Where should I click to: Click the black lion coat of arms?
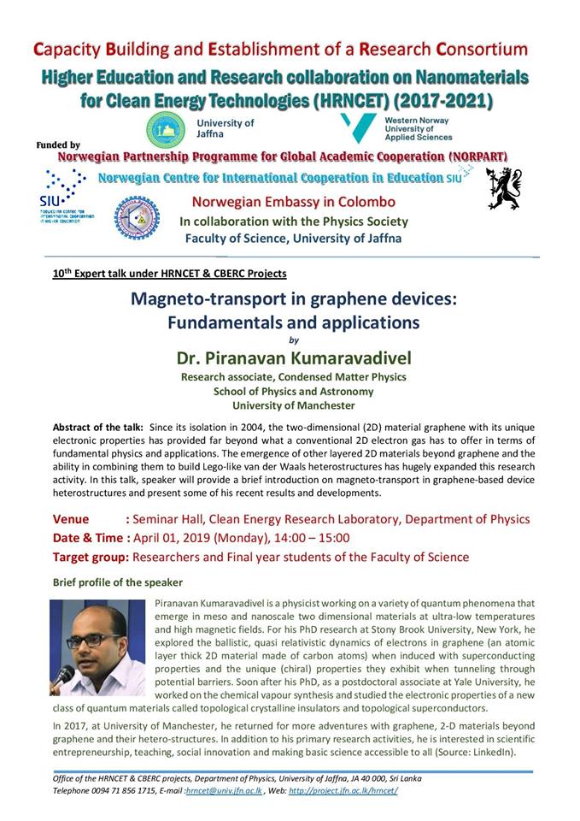[503, 188]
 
